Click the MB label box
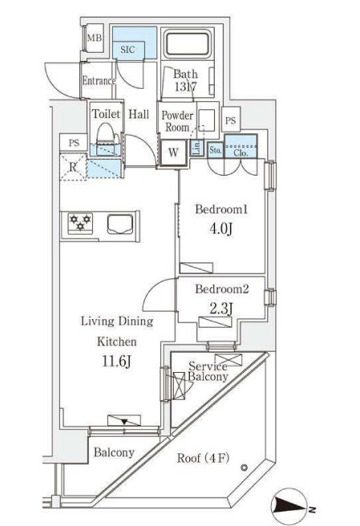[95, 38]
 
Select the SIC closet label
[128, 50]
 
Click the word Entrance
[99, 81]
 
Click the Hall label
[139, 115]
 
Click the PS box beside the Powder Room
[230, 120]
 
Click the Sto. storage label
[215, 149]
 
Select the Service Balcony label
[208, 371]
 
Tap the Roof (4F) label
[202, 459]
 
